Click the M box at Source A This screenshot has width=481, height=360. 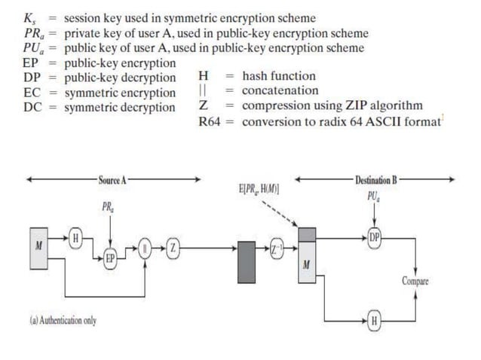point(39,246)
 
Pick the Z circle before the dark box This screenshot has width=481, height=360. point(173,247)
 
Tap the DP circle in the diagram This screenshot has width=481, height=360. point(375,238)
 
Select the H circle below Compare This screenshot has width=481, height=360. point(375,322)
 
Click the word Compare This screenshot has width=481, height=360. point(415,281)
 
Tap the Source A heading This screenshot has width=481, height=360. point(112,180)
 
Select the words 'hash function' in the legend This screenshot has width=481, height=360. point(279,76)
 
